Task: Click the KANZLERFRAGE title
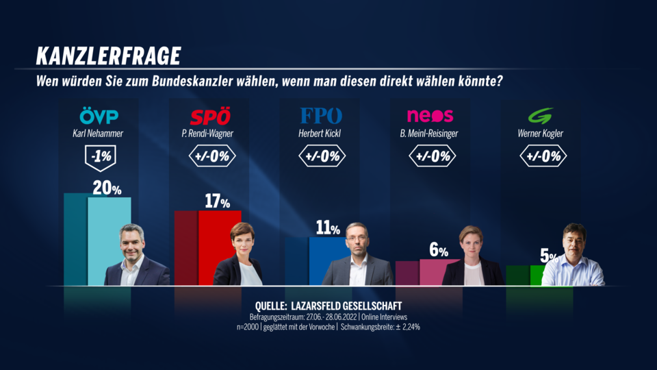click(x=108, y=55)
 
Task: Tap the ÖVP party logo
click(x=99, y=115)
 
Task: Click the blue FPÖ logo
click(x=321, y=115)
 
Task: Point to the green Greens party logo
click(x=541, y=115)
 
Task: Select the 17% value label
click(x=217, y=201)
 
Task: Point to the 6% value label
click(x=438, y=251)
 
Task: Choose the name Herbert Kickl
click(x=321, y=134)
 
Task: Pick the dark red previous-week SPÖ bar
click(x=185, y=247)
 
